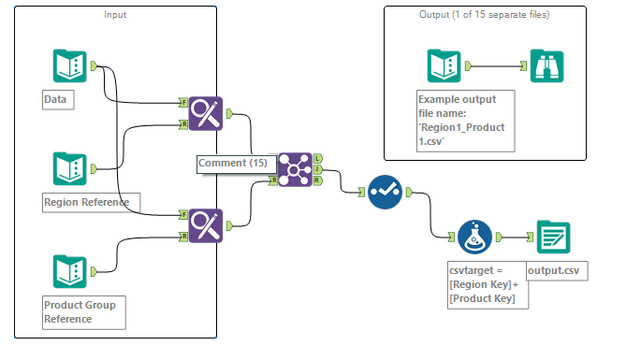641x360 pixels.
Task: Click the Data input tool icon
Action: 68,65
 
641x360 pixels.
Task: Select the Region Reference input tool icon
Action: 68,168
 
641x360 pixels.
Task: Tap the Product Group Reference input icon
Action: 68,270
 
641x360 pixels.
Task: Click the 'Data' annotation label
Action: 58,98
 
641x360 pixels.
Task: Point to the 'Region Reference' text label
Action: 91,201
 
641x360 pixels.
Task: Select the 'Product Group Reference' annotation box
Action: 84,311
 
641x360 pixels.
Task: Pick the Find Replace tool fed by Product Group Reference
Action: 207,225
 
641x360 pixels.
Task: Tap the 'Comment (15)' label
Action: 233,163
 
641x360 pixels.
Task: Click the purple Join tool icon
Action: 295,169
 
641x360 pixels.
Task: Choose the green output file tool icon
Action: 554,238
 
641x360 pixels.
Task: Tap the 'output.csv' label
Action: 558,271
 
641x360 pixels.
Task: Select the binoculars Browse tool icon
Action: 547,65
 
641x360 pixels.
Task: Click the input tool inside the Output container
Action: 443,65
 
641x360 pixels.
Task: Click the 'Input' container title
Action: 116,15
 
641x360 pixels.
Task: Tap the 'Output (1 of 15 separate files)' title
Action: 484,15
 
